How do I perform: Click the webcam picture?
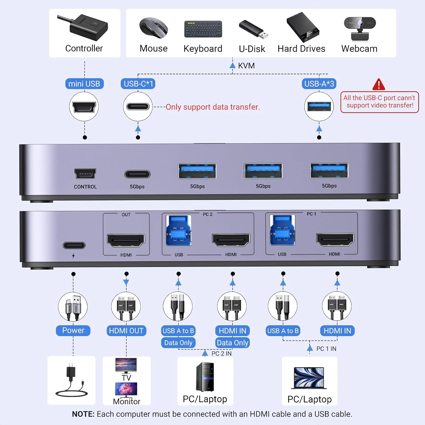pyautogui.click(x=360, y=29)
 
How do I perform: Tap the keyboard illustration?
pyautogui.click(x=203, y=29)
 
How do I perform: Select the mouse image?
pyautogui.click(x=154, y=28)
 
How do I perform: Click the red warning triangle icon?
pyautogui.click(x=379, y=84)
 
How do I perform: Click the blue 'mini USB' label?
pyautogui.click(x=84, y=84)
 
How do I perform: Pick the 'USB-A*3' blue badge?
pyautogui.click(x=319, y=84)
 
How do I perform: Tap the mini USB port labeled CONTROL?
pyautogui.click(x=85, y=173)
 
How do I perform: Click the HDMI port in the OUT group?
pyautogui.click(x=126, y=240)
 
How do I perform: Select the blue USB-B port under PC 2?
pyautogui.click(x=178, y=230)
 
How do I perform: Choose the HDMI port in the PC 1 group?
pyautogui.click(x=335, y=239)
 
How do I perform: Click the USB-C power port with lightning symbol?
pyautogui.click(x=74, y=245)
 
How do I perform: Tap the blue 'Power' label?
pyautogui.click(x=73, y=330)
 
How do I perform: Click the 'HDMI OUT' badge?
pyautogui.click(x=126, y=331)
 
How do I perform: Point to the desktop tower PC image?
pyautogui.click(x=205, y=377)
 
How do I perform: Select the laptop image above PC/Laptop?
pyautogui.click(x=309, y=378)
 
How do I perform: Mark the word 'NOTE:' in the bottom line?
pyautogui.click(x=83, y=414)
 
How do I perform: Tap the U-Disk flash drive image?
pyautogui.click(x=253, y=29)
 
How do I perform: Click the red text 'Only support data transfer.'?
pyautogui.click(x=212, y=107)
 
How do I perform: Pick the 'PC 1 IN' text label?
pyautogui.click(x=326, y=349)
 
